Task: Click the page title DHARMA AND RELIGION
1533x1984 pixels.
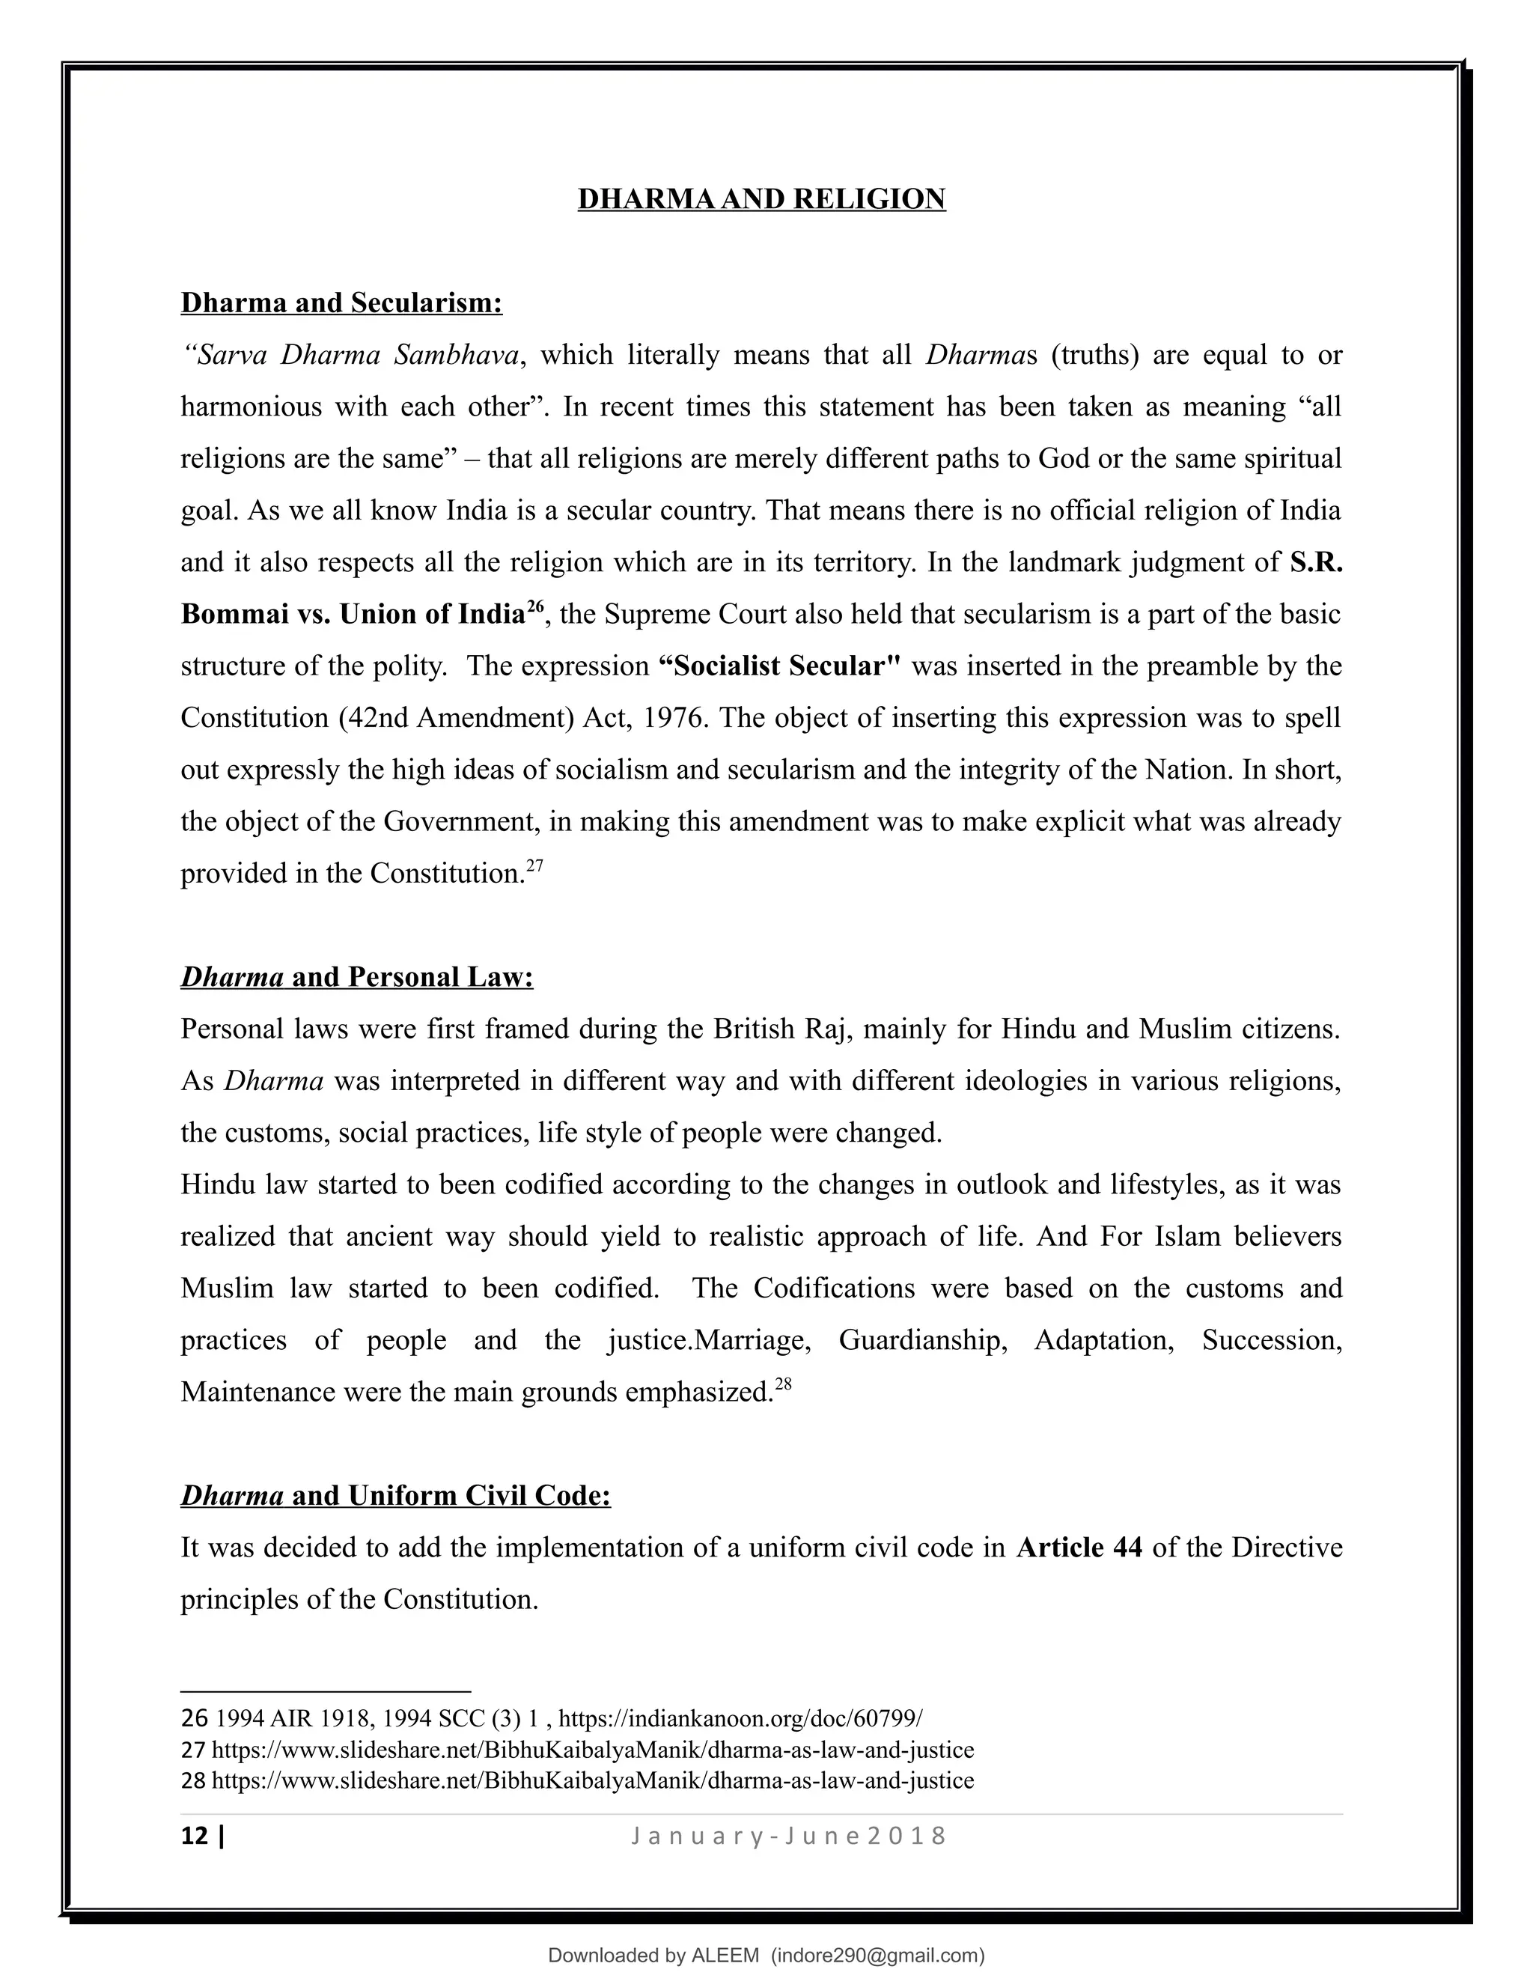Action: click(x=761, y=199)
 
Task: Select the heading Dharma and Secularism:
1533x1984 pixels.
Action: click(x=341, y=302)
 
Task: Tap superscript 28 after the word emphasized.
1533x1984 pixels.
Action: click(x=784, y=1383)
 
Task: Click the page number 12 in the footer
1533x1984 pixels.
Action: click(x=195, y=1836)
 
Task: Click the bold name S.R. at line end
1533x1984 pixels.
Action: click(x=1315, y=562)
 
